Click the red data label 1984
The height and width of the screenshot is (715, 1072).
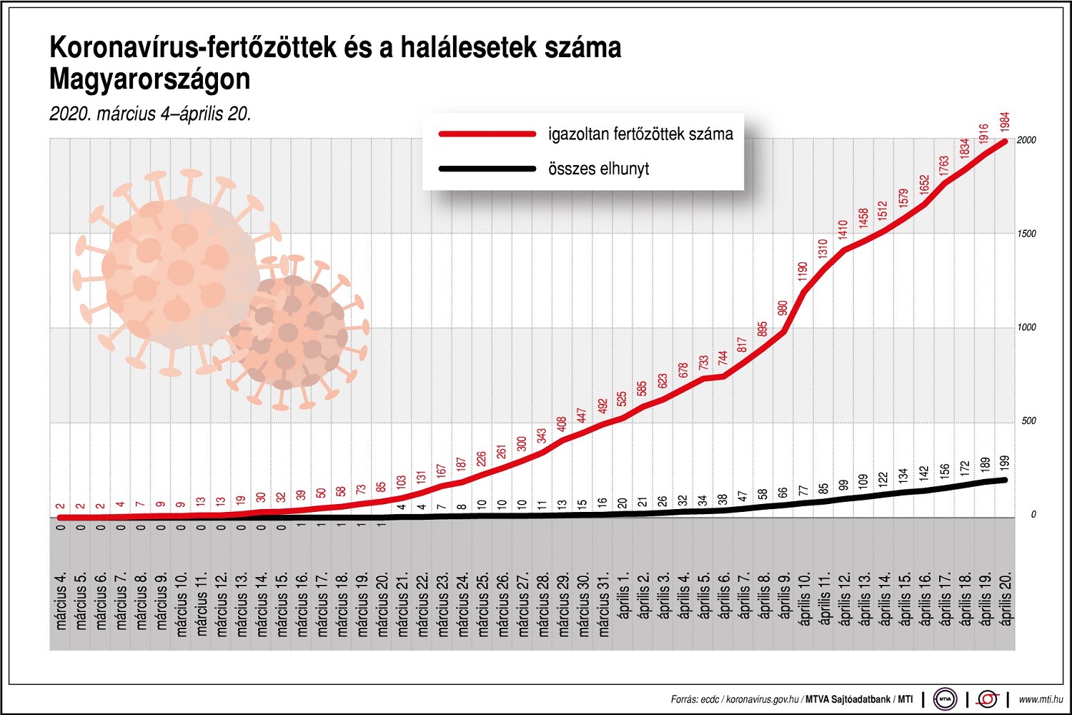1005,122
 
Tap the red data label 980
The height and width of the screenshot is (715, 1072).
783,309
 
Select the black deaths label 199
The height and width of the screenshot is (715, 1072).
1005,463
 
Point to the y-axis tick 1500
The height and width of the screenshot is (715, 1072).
1026,234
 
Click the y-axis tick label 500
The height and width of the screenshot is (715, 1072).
1028,421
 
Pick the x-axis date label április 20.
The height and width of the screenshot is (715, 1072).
1006,599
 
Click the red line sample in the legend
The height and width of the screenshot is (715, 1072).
487,134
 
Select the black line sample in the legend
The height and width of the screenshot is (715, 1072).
487,169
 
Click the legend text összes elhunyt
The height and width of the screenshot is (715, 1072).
598,169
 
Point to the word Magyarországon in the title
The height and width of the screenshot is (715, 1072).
150,79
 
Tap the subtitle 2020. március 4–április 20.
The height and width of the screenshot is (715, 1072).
150,114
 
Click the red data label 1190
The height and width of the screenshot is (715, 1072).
803,271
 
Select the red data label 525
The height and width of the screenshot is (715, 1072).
622,399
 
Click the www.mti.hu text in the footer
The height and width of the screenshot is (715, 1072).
1041,699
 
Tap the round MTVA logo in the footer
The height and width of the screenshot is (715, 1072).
945,699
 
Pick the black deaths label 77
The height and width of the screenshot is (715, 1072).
803,490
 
